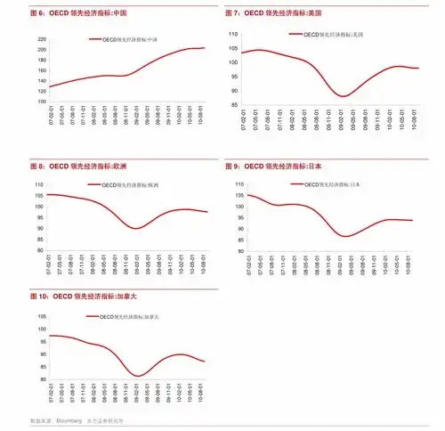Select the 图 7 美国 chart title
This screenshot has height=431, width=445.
pos(273,13)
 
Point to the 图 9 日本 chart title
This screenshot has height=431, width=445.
pos(273,166)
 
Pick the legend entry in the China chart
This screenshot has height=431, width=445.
pos(128,40)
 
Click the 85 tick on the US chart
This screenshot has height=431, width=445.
pos(233,104)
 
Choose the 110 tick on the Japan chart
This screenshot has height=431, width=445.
pos(233,184)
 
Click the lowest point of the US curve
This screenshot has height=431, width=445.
pos(343,95)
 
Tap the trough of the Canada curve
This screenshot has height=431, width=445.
pos(138,375)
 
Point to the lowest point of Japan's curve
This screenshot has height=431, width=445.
pos(345,236)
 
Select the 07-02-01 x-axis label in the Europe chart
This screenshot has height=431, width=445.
pos(51,264)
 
